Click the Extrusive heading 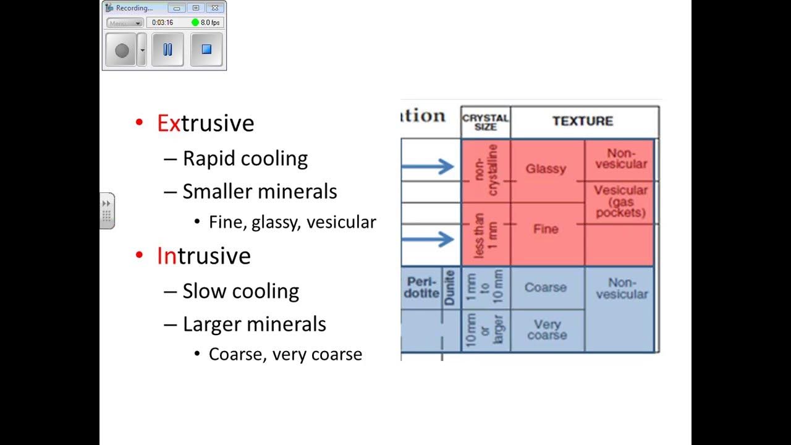(205, 123)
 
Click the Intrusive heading (203, 256)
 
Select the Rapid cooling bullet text (245, 159)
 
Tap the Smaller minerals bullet (260, 192)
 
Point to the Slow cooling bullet (240, 291)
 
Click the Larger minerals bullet (254, 324)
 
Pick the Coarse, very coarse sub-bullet (285, 354)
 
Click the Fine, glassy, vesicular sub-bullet (292, 222)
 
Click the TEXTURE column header (583, 121)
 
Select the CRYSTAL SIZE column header (486, 122)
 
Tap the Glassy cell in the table (546, 169)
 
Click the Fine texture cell (546, 229)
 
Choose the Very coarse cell (547, 330)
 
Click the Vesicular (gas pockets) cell (620, 201)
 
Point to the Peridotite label (421, 288)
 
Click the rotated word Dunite (450, 288)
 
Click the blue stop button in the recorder (206, 49)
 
